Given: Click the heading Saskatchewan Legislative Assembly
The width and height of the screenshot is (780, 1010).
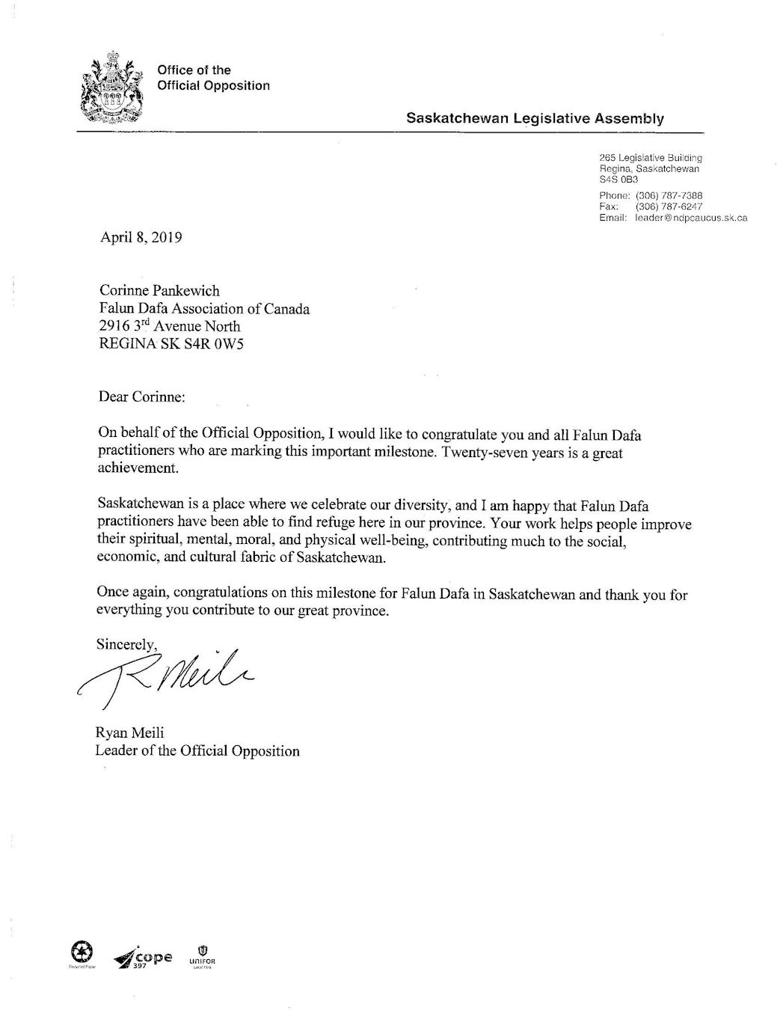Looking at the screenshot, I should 535,118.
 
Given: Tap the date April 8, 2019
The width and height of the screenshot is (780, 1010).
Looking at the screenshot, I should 141,238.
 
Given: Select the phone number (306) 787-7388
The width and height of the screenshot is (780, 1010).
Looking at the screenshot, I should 669,195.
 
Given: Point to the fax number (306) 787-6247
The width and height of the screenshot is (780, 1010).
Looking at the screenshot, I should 669,206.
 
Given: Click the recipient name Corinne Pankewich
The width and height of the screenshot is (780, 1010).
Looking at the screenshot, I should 159,291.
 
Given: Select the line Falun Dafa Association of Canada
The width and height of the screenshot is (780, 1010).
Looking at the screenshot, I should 204,308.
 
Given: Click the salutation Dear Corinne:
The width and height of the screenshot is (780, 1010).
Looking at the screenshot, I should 141,397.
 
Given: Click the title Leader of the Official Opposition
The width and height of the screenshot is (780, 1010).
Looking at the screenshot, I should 197,751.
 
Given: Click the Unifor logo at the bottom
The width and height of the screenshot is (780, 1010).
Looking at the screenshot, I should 202,953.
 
